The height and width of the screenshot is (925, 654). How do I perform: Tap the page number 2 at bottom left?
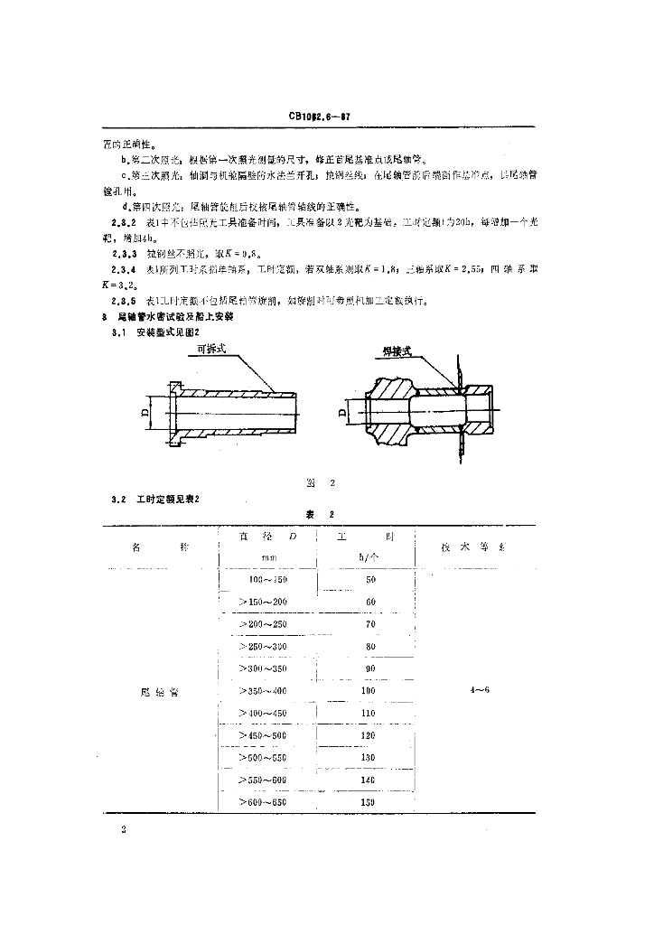pos(123,828)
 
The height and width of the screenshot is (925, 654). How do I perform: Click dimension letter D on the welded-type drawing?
pos(343,413)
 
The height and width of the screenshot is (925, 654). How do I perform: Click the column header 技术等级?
pos(473,547)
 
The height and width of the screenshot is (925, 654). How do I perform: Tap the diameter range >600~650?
pos(261,802)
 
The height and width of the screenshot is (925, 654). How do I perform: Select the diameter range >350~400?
pos(261,691)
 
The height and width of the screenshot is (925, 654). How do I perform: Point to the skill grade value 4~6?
pos(473,690)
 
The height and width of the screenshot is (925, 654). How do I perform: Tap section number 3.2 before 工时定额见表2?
pos(117,499)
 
